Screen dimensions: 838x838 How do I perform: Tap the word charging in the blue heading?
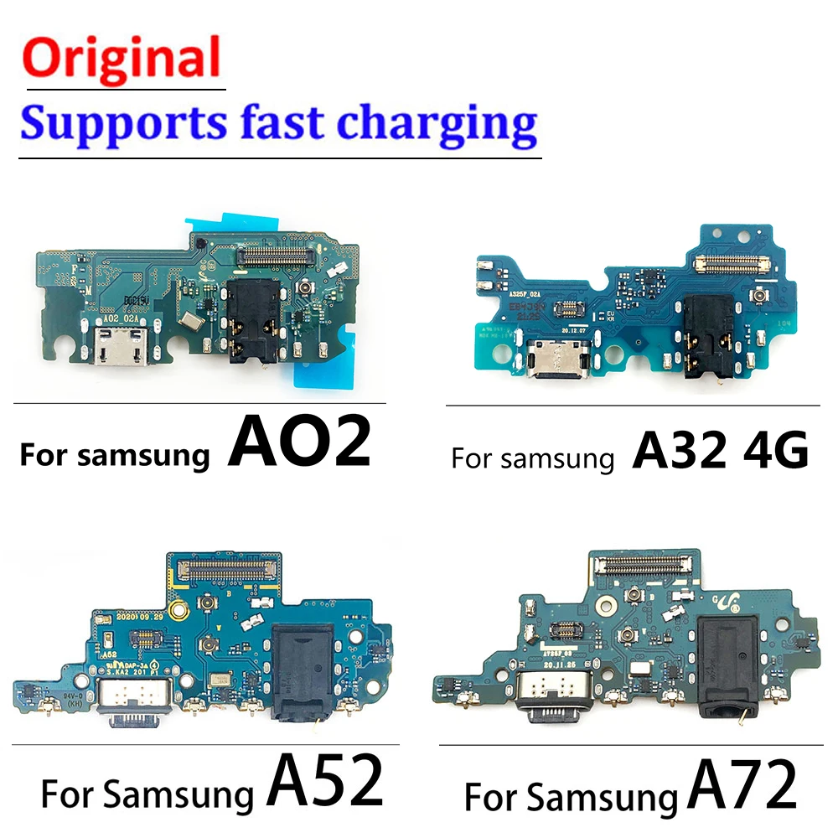tap(437, 123)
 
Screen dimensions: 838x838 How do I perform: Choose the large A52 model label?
tap(325, 781)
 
